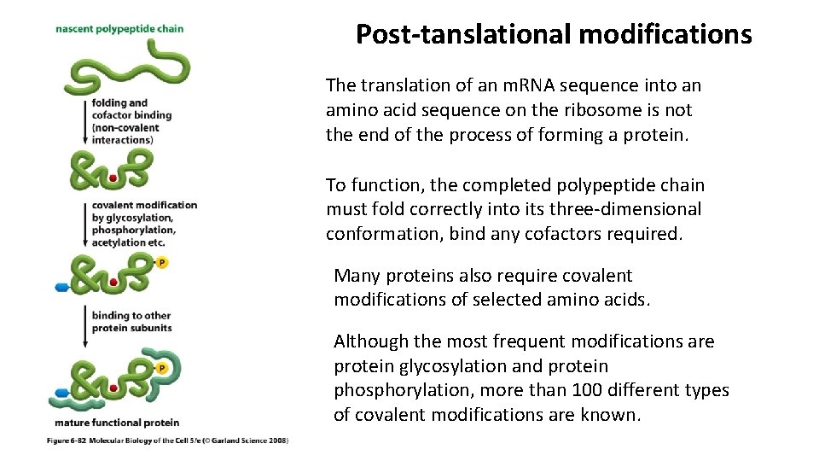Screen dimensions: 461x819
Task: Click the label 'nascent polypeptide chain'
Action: point(119,29)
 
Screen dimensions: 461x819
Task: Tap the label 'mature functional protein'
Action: point(117,423)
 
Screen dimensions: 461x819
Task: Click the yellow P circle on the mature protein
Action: point(162,368)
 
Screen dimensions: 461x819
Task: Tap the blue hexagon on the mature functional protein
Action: point(61,393)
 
